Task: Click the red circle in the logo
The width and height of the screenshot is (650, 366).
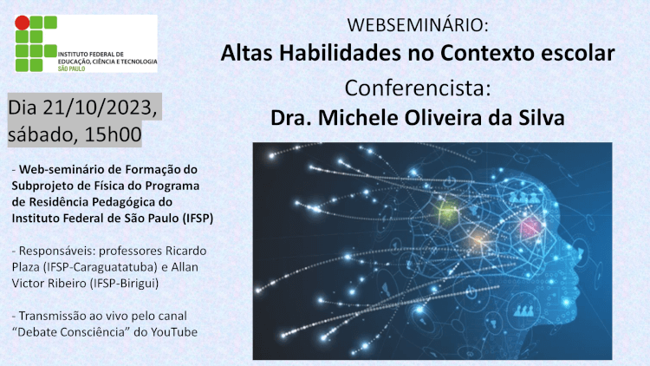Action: coord(22,23)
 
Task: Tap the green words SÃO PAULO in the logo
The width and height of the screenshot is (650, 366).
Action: coord(71,69)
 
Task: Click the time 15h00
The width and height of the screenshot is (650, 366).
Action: coord(114,134)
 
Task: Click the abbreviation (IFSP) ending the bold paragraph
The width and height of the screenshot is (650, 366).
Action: coord(198,218)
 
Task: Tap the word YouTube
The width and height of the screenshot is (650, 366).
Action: coord(174,332)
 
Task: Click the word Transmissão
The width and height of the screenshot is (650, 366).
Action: coord(50,316)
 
